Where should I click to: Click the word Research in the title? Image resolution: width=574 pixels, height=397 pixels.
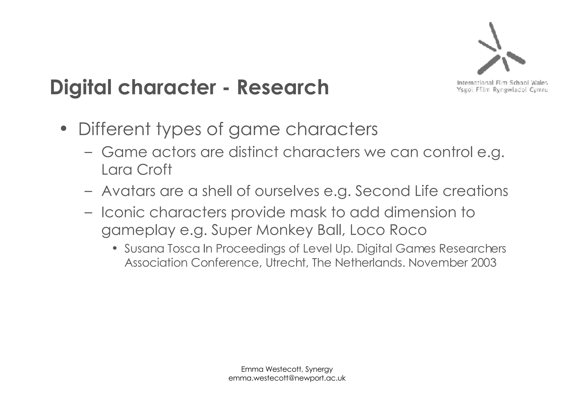(283, 87)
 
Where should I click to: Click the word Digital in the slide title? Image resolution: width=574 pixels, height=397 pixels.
(81, 87)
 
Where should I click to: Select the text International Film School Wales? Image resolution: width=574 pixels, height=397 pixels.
(502, 83)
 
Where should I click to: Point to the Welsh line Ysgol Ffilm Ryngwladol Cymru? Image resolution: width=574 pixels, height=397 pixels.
(502, 90)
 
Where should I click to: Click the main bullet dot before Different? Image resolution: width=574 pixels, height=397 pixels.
(64, 129)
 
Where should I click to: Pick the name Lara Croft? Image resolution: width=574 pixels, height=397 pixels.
(136, 170)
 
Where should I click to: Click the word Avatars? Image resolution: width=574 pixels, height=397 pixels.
(128, 191)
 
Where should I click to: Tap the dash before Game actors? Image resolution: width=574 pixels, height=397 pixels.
(88, 153)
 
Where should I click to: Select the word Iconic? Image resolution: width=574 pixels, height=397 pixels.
(122, 212)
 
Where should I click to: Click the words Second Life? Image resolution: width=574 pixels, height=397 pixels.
(396, 191)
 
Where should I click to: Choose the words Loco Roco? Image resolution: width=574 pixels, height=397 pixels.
(388, 230)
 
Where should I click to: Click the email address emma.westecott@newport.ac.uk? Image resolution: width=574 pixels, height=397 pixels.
(287, 378)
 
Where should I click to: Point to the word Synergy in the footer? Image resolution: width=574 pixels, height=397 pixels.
(319, 369)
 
